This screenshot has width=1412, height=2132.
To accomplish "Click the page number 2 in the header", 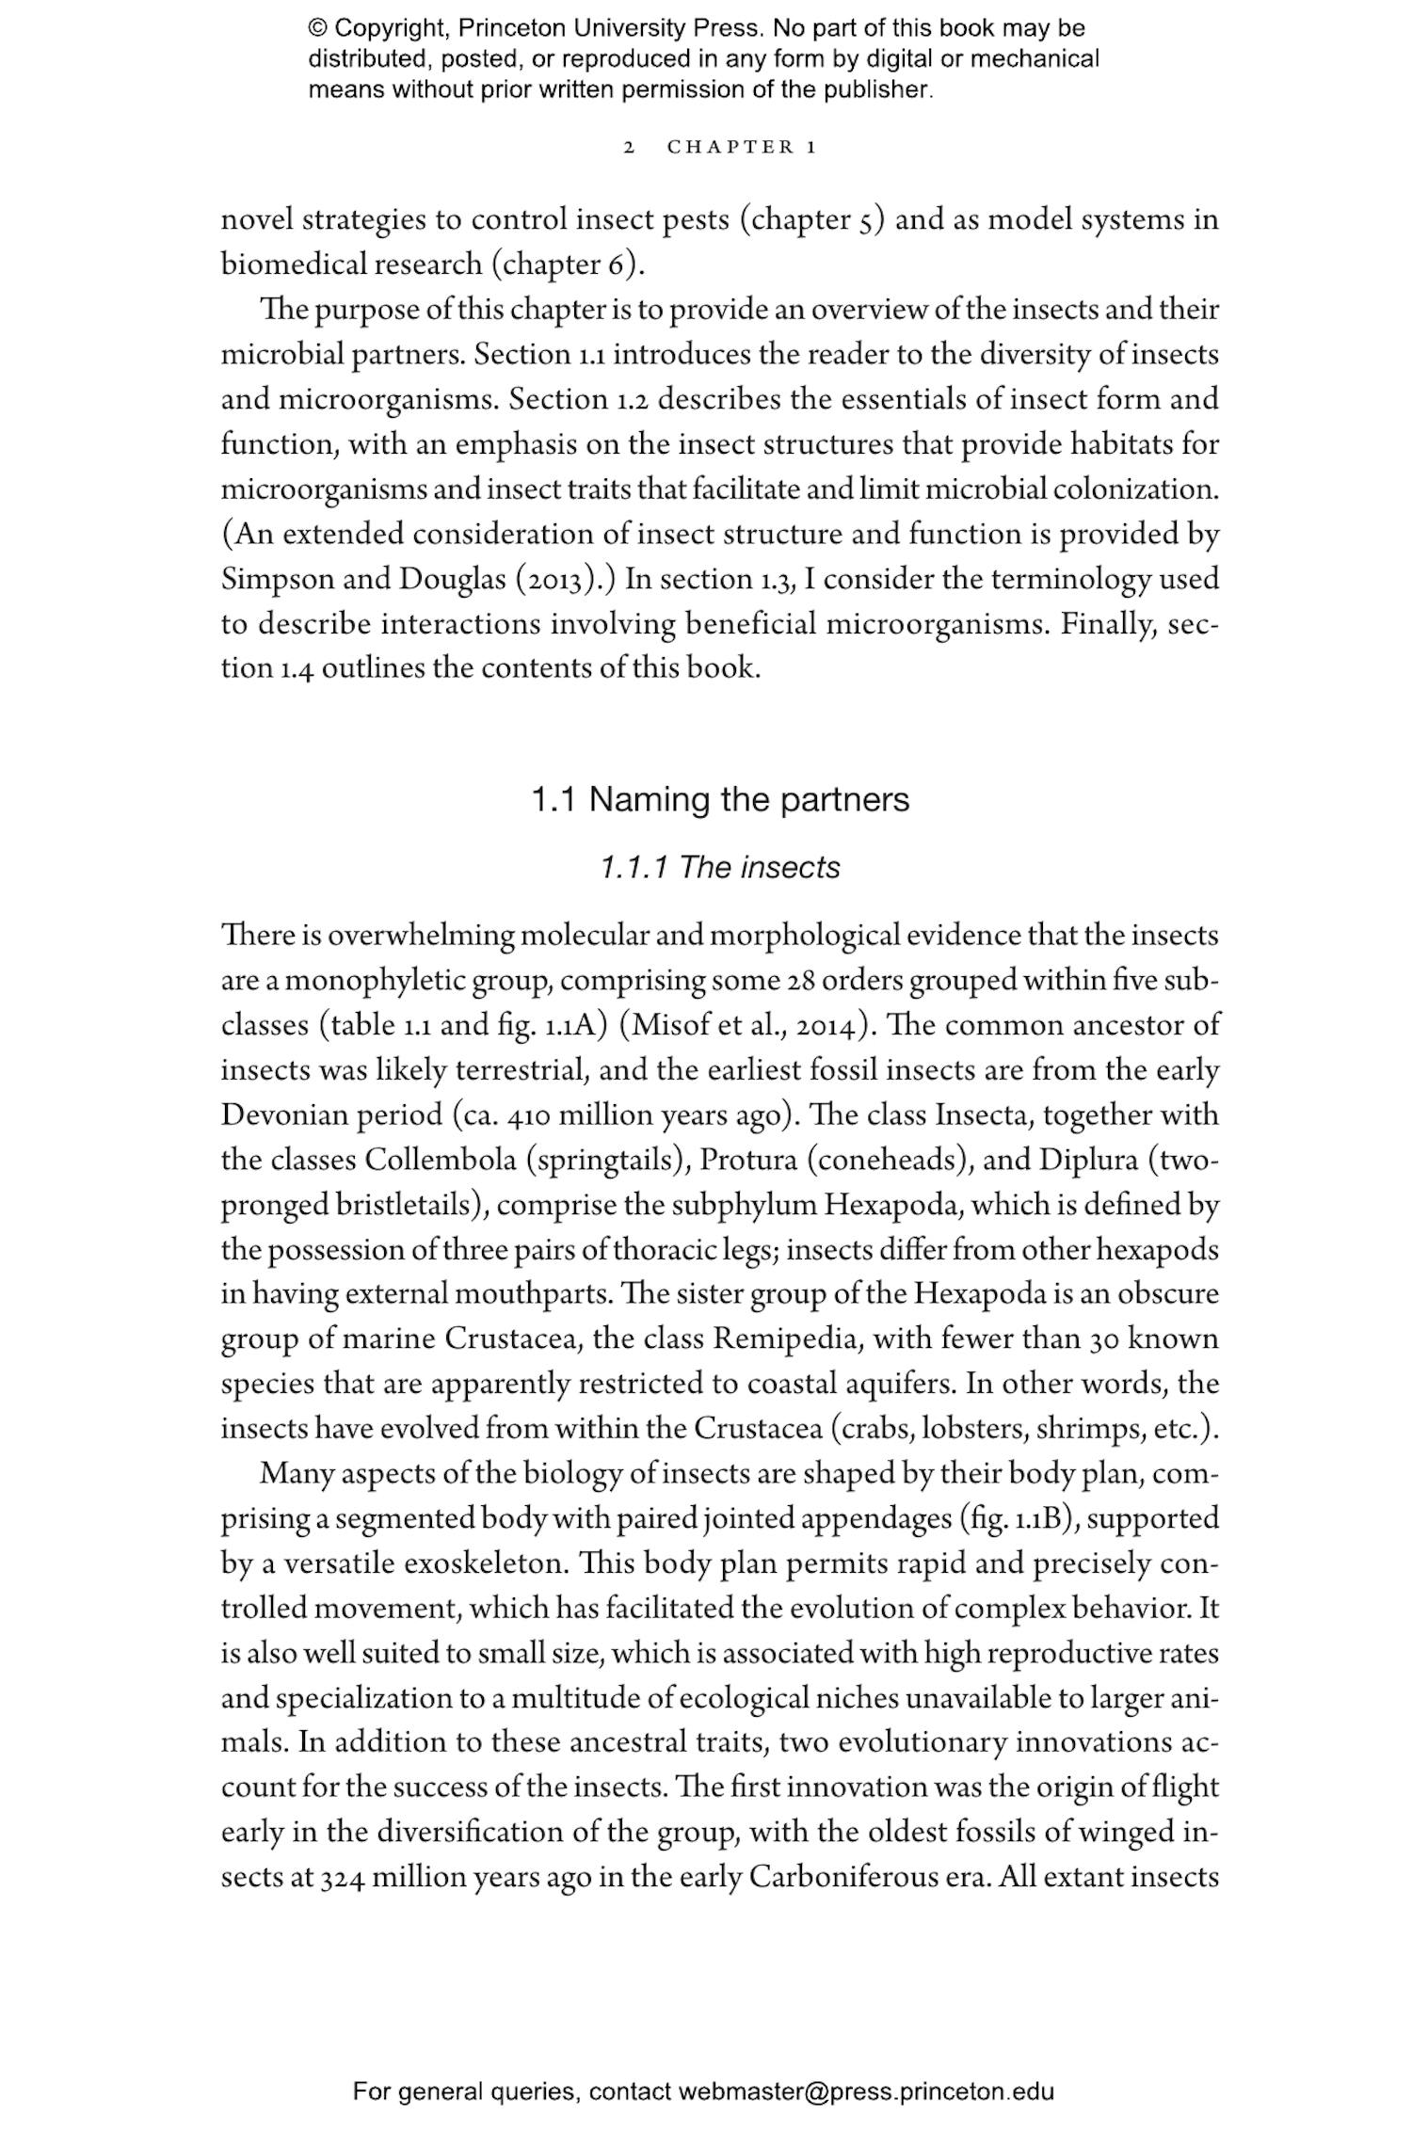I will click(x=630, y=148).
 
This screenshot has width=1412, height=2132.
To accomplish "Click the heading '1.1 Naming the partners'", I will click(x=720, y=800).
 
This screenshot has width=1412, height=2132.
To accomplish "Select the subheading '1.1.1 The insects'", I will click(x=720, y=867).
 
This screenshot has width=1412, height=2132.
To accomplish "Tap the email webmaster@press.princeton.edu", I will click(x=866, y=2092).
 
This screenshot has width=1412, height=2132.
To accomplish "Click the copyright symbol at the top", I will click(x=317, y=28).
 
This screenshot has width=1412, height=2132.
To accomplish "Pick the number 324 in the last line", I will click(x=343, y=1878).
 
